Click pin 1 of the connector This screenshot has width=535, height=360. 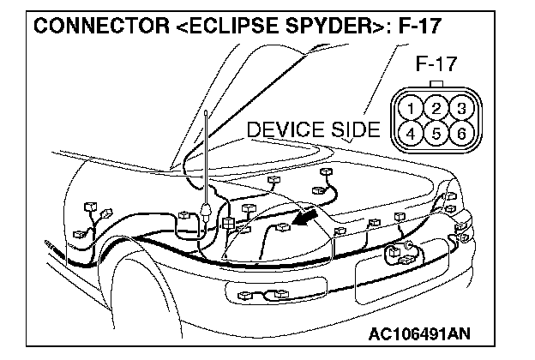(413, 110)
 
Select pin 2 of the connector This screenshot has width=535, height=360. (436, 109)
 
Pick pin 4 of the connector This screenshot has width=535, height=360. (413, 134)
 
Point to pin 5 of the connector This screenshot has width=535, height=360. (436, 134)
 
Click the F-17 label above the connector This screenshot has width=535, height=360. (436, 63)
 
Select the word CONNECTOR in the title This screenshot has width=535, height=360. (93, 25)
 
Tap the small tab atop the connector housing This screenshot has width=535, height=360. (436, 84)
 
